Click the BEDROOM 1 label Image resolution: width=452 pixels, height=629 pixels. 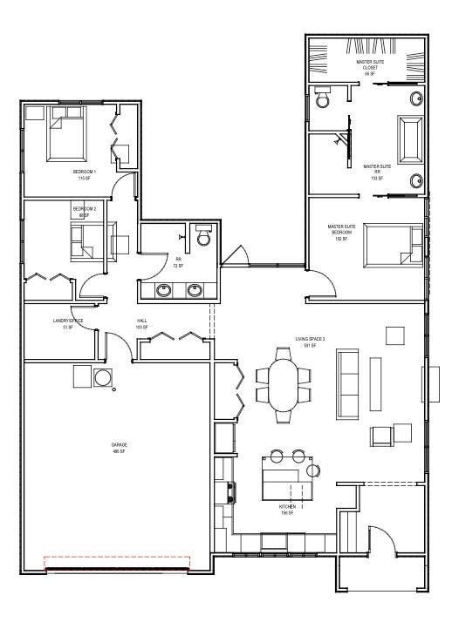point(84,174)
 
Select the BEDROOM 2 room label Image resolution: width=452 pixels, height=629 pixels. point(84,211)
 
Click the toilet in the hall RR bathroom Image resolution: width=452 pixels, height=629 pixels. point(202,235)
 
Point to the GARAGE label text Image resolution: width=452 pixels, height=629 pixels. point(118,448)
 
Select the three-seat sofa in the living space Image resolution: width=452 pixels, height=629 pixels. point(346,383)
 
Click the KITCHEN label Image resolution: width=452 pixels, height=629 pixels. point(287,508)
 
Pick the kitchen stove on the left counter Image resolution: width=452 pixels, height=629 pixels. point(230,493)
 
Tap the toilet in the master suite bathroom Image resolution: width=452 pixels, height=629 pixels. point(321,98)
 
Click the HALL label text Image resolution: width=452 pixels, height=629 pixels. point(141,322)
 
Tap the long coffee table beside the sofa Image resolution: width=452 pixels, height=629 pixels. point(377,383)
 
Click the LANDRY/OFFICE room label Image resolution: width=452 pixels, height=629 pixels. point(68,322)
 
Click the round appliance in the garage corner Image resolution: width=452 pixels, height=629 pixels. point(103,377)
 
